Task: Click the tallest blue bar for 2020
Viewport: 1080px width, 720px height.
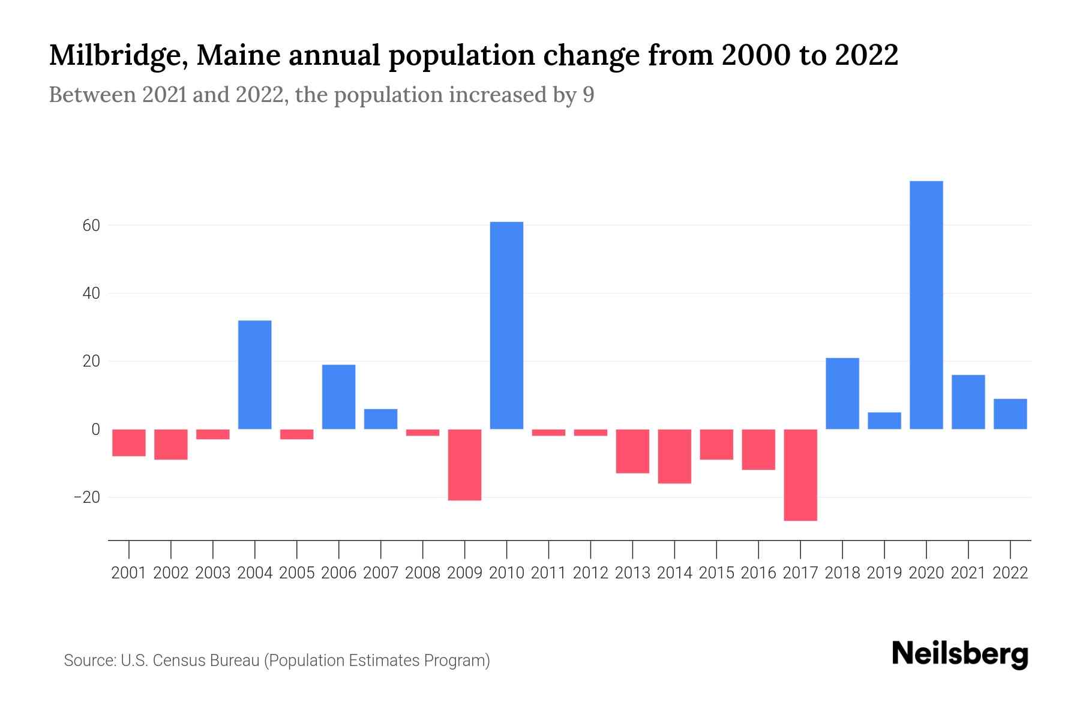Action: point(926,305)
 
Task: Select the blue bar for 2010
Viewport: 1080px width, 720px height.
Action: point(506,325)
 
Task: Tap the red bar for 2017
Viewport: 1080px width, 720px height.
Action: point(800,475)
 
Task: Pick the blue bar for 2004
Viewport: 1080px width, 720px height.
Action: point(254,374)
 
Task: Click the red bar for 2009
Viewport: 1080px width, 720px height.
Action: point(464,464)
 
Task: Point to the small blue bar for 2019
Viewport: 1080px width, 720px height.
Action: point(884,421)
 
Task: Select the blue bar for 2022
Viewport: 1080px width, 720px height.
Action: point(1010,414)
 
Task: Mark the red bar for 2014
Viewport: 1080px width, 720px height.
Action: point(674,456)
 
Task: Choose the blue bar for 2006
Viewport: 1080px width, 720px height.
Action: point(338,397)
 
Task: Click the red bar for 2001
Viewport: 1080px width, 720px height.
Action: point(129,443)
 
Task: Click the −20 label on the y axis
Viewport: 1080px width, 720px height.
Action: point(86,497)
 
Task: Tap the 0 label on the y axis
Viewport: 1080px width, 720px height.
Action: point(95,430)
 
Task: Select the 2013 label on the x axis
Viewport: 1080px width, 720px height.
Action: point(632,573)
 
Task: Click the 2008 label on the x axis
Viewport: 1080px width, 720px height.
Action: point(422,573)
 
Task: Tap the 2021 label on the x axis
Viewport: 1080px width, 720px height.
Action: point(968,573)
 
